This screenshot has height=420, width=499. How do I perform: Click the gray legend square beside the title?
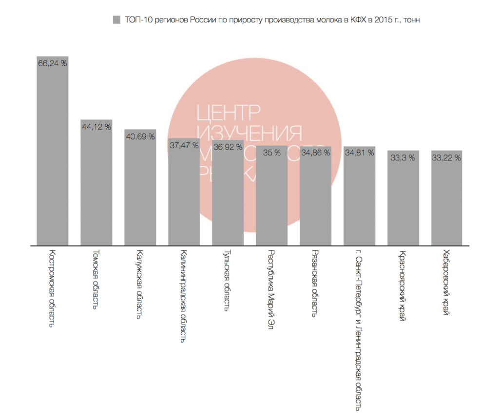click(x=116, y=20)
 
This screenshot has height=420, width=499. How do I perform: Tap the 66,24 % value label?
click(x=53, y=63)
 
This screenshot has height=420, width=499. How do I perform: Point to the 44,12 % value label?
click(x=96, y=127)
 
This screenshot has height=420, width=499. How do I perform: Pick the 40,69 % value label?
click(x=140, y=136)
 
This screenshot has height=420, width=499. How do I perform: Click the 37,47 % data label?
click(x=184, y=145)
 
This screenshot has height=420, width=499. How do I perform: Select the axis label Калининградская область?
click(x=183, y=297)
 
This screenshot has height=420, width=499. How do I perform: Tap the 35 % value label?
click(x=271, y=153)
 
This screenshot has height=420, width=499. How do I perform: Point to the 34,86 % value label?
click(x=315, y=153)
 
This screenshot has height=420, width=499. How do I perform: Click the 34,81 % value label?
click(x=359, y=153)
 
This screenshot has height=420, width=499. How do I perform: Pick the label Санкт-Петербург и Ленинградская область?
click(x=359, y=329)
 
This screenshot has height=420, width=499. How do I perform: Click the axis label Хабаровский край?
click(x=446, y=283)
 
